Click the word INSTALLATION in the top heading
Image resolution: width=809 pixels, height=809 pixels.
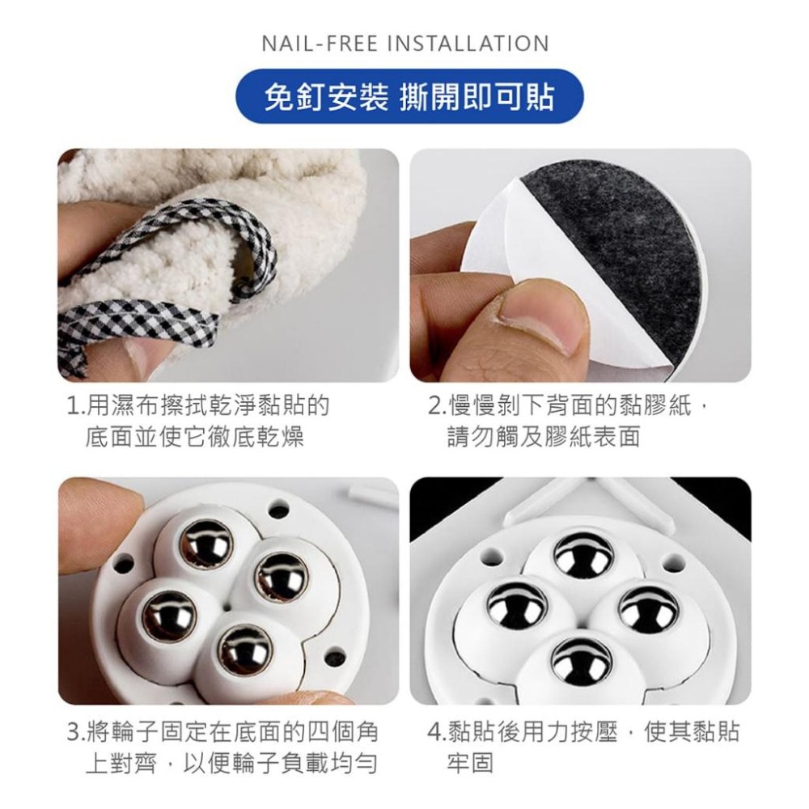click(x=468, y=43)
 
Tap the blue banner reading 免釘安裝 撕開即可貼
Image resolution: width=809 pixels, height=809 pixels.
click(x=409, y=98)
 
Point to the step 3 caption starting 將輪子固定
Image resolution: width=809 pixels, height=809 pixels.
click(x=222, y=748)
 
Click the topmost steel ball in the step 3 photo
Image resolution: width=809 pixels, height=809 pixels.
click(x=205, y=542)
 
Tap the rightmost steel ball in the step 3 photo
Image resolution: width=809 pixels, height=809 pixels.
click(x=281, y=576)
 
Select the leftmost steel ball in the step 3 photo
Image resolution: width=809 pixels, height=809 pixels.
click(x=169, y=616)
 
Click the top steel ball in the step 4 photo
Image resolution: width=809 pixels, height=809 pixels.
click(x=582, y=554)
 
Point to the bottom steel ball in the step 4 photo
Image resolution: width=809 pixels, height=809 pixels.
click(x=581, y=661)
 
